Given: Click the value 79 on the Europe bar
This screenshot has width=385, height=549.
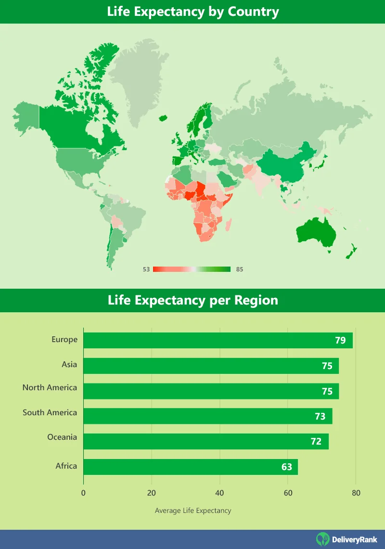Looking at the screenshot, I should click(340, 341).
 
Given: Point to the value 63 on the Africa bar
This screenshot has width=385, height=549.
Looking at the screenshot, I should click(287, 467).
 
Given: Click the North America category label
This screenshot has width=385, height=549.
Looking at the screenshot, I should click(50, 387).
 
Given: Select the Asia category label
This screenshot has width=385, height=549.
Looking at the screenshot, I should click(69, 364).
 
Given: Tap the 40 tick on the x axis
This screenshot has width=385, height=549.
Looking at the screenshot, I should click(220, 493).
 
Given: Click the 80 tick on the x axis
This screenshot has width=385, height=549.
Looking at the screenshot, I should click(356, 493).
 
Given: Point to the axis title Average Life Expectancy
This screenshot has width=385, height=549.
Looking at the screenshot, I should click(193, 511).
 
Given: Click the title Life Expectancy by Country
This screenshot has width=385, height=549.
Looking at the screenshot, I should click(193, 12).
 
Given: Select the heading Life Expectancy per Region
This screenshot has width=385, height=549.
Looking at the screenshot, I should click(193, 300).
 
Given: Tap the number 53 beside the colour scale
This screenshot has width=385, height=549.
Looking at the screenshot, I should click(146, 269).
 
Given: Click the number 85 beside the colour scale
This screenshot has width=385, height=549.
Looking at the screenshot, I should click(240, 269).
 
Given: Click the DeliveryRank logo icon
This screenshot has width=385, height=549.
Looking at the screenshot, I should click(322, 539).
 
